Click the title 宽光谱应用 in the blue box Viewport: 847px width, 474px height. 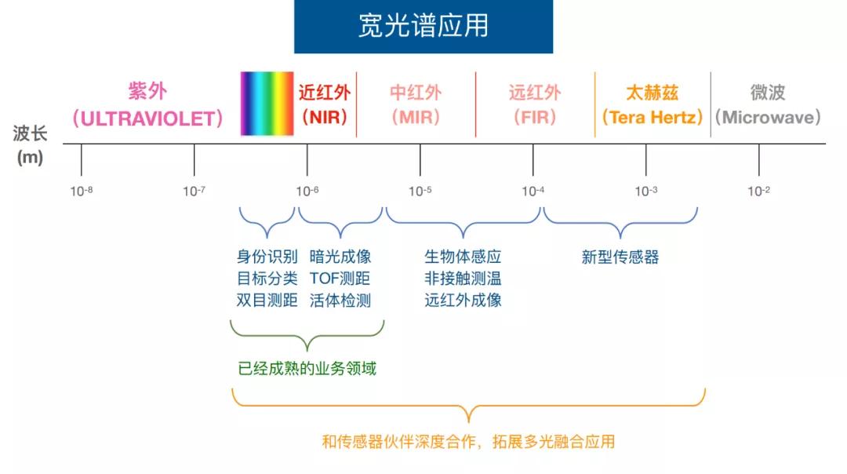point(423,26)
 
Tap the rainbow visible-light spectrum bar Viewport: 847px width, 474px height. point(267,104)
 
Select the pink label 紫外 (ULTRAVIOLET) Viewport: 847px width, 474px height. point(147,105)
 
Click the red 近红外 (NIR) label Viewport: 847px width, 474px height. point(324,105)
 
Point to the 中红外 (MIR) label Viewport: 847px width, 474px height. point(416,105)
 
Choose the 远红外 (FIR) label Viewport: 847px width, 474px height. point(535,105)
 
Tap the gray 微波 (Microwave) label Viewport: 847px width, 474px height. point(767,105)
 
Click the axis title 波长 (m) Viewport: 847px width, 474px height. point(30,144)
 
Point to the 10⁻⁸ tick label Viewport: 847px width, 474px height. point(82,191)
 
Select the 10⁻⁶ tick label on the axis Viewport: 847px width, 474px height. point(307,191)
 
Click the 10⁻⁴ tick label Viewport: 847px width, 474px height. point(533,191)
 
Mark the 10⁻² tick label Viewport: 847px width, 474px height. point(759,191)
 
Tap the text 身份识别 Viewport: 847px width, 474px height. point(267,257)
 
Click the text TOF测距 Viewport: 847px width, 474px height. point(340,279)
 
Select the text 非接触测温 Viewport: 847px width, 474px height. point(463,279)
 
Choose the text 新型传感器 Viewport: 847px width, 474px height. point(620,257)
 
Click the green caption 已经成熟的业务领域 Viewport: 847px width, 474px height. point(307,368)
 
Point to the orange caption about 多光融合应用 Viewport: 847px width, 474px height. point(468,442)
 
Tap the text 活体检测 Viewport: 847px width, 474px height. point(340,300)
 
